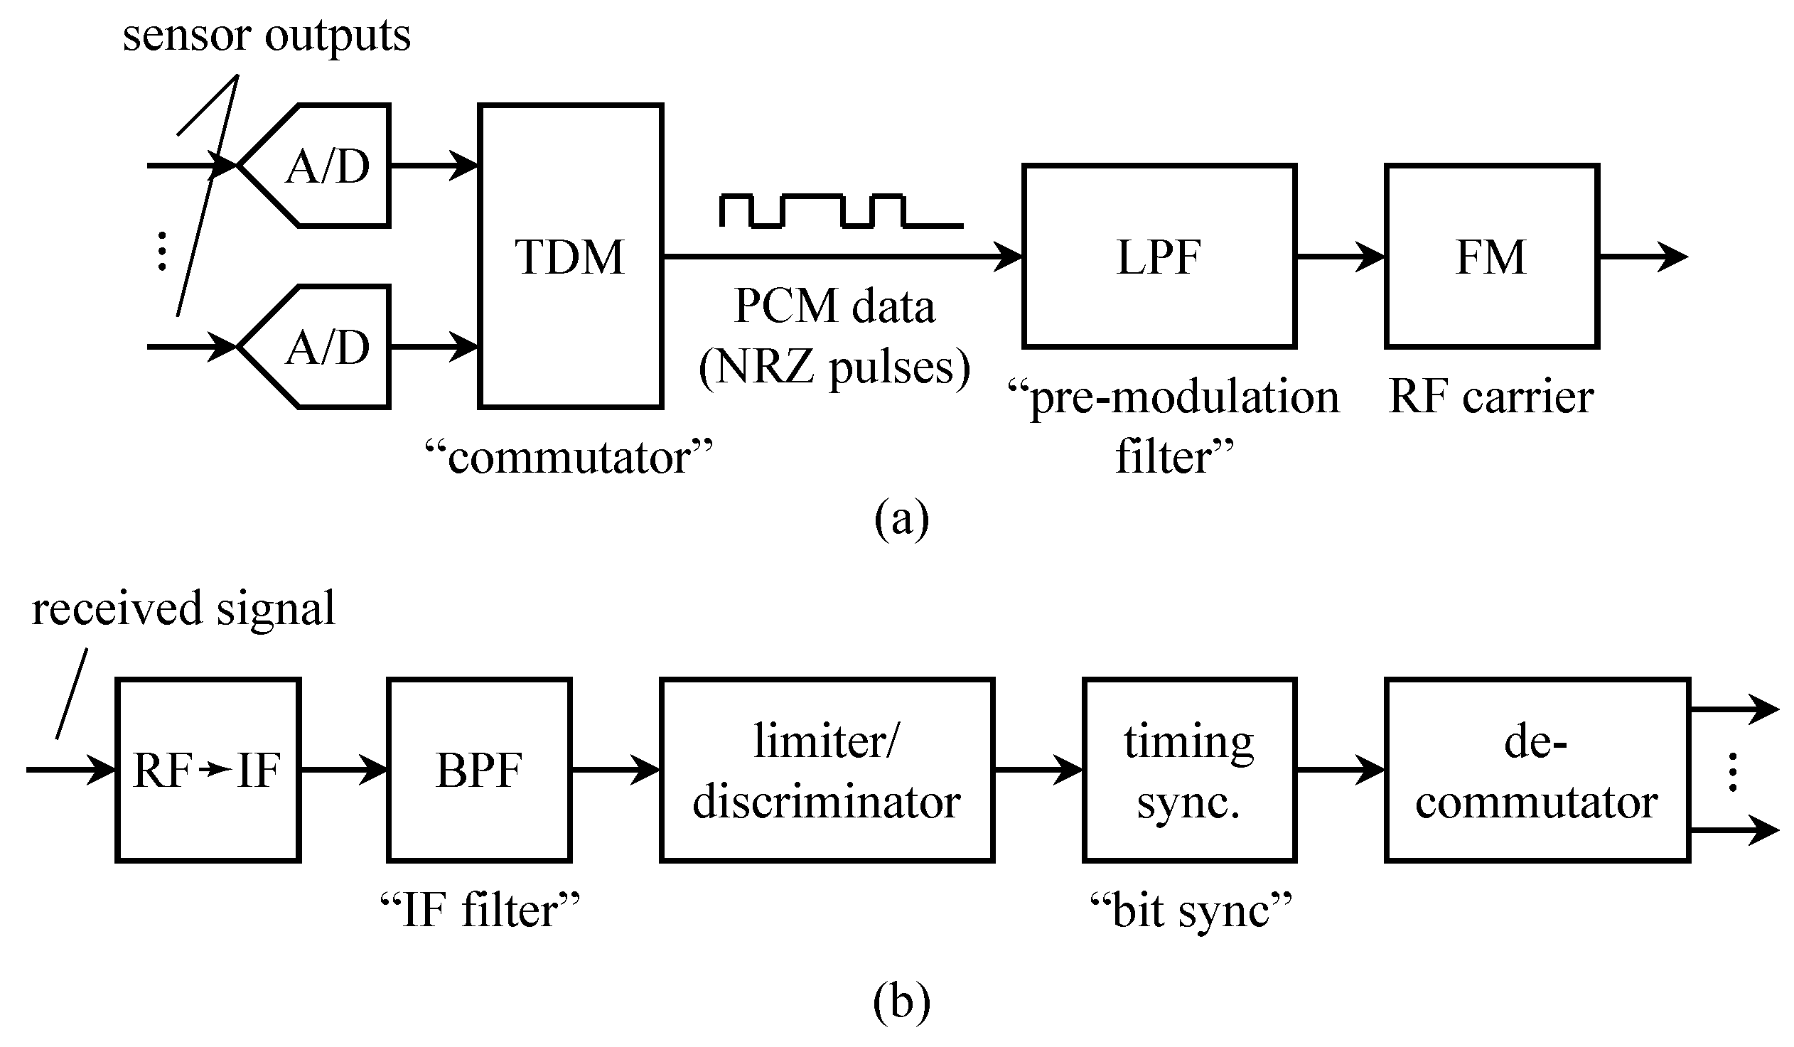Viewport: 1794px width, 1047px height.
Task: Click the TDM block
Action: (571, 256)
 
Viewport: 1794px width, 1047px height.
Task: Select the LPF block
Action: (1159, 256)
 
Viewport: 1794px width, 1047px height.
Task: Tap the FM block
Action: (1491, 256)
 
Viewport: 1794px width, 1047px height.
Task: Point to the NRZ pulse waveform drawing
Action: (840, 210)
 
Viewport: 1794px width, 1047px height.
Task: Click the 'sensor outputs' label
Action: (267, 36)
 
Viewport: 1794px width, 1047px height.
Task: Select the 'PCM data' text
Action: (834, 307)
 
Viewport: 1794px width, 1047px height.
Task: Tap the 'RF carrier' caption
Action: (1490, 397)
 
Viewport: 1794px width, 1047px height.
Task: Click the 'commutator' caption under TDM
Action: (569, 457)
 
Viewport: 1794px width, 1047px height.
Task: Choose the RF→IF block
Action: (208, 770)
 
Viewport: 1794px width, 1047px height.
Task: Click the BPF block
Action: (479, 770)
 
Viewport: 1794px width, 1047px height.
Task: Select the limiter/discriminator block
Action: (827, 770)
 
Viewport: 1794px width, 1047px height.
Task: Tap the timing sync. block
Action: (1188, 770)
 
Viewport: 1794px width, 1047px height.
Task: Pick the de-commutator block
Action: (1536, 770)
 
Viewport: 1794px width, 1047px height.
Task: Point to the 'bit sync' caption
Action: (1191, 911)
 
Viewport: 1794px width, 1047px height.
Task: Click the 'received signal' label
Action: (183, 609)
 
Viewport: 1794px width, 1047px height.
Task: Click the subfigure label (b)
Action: (901, 1002)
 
